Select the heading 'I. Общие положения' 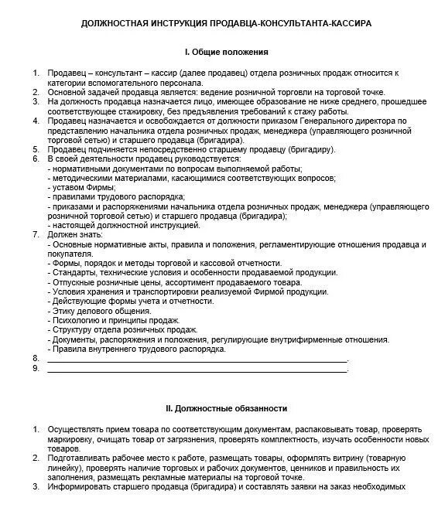tap(226, 52)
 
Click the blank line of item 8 tap(197, 360)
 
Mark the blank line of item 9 tap(197, 369)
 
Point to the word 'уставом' tap(70, 188)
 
